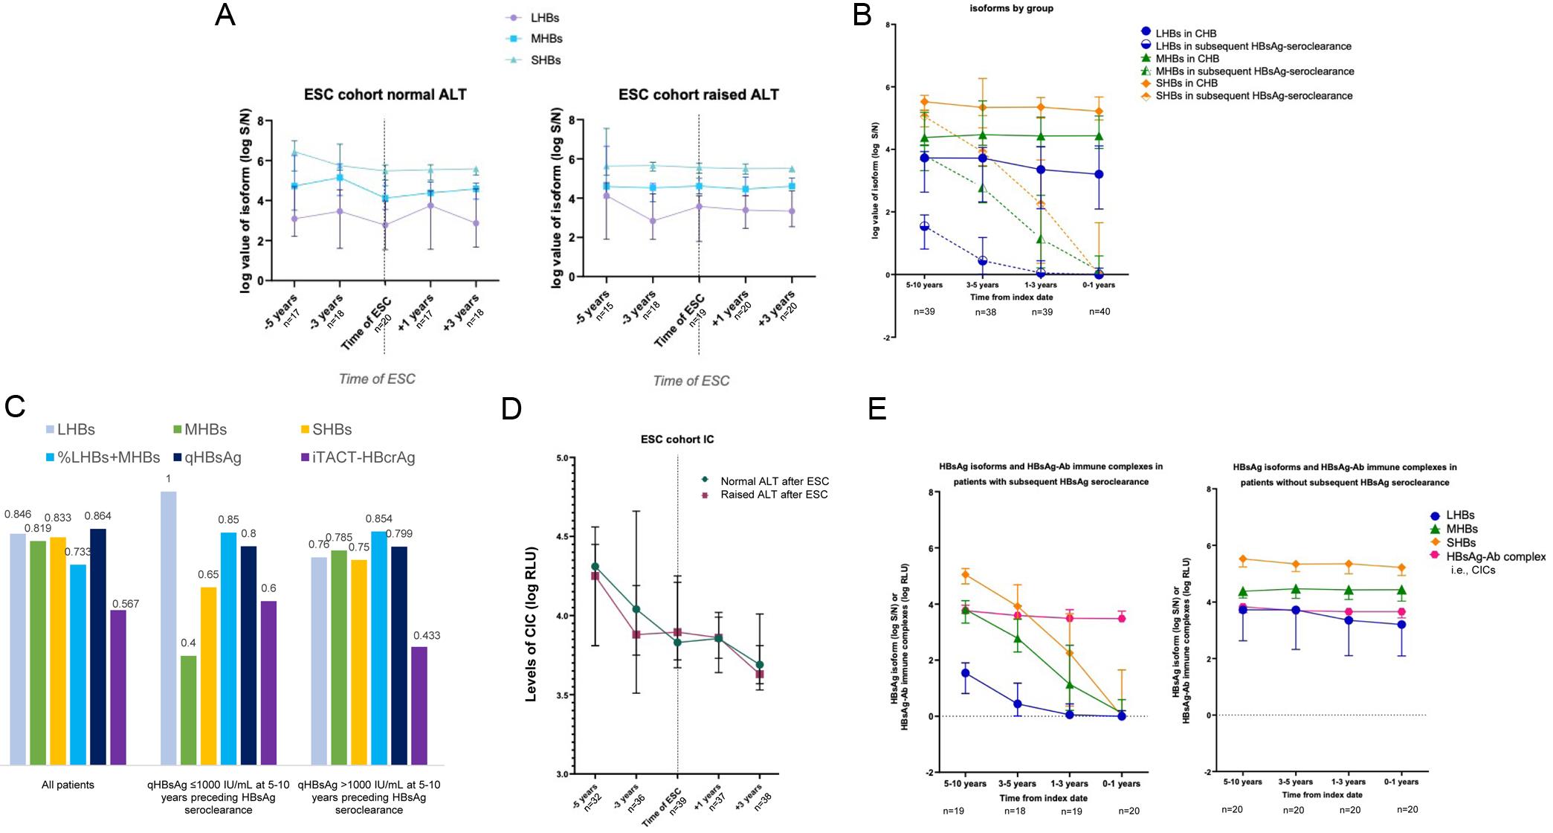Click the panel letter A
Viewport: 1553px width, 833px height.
pos(225,16)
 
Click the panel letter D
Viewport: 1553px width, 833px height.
pos(511,409)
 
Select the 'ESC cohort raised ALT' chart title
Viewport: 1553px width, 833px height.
pos(698,95)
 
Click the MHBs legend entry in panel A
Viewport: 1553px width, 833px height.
pos(546,39)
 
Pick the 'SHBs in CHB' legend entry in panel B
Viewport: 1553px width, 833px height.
pos(1186,83)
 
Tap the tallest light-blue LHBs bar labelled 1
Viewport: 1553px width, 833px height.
pos(169,627)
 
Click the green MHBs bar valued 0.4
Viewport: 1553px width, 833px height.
pos(189,710)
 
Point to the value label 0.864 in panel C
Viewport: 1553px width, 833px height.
pos(97,515)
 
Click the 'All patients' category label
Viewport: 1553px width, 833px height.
pos(68,785)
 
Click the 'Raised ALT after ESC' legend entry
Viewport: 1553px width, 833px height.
pos(773,495)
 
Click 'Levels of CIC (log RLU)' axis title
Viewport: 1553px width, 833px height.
pos(532,624)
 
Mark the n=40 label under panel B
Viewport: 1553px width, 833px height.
pos(1100,312)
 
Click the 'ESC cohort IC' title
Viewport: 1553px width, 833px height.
pos(677,440)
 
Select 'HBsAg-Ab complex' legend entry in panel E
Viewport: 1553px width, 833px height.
pos(1494,556)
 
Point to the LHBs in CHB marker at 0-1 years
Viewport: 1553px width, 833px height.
pos(1099,174)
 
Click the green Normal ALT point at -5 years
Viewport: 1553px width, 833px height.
pos(595,567)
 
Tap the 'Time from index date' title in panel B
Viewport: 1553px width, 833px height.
pos(1011,297)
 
